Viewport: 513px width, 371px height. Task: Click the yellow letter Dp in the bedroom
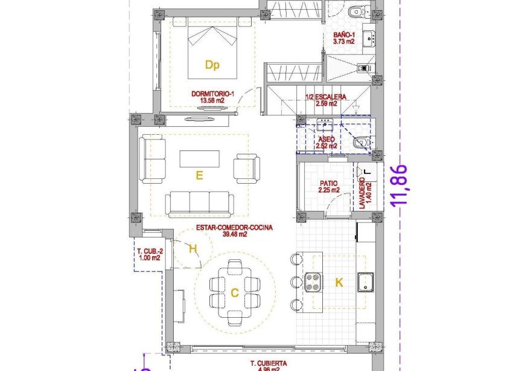pyautogui.click(x=211, y=65)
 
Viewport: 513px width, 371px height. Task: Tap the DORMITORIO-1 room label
pyautogui.click(x=212, y=97)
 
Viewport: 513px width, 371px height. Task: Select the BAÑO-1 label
pyautogui.click(x=344, y=38)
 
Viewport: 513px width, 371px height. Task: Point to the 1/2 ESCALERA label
pyautogui.click(x=325, y=100)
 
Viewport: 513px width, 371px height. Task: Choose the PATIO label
pyautogui.click(x=329, y=186)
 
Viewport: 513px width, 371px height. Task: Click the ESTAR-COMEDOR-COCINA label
pyautogui.click(x=234, y=231)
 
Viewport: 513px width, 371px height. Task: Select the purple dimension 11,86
pyautogui.click(x=401, y=186)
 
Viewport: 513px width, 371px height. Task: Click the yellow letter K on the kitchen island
pyautogui.click(x=339, y=282)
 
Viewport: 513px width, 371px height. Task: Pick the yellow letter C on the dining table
pyautogui.click(x=234, y=293)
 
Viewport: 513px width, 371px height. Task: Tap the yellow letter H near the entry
pyautogui.click(x=193, y=248)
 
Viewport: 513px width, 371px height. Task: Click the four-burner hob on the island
pyautogui.click(x=314, y=282)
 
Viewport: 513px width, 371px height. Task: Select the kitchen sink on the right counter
pyautogui.click(x=366, y=282)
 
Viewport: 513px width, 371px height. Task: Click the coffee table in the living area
pyautogui.click(x=199, y=159)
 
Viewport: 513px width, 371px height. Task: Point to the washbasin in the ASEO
pyautogui.click(x=326, y=125)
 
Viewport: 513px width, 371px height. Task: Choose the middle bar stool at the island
pyautogui.click(x=296, y=282)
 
